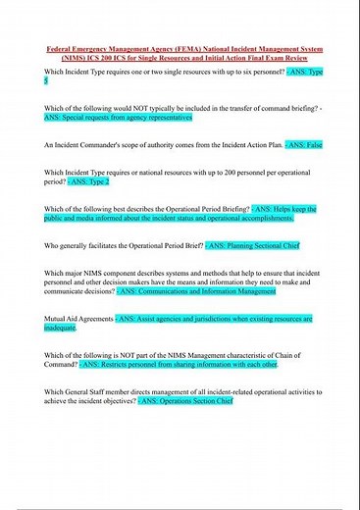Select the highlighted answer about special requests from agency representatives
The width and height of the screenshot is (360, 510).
click(118, 117)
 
